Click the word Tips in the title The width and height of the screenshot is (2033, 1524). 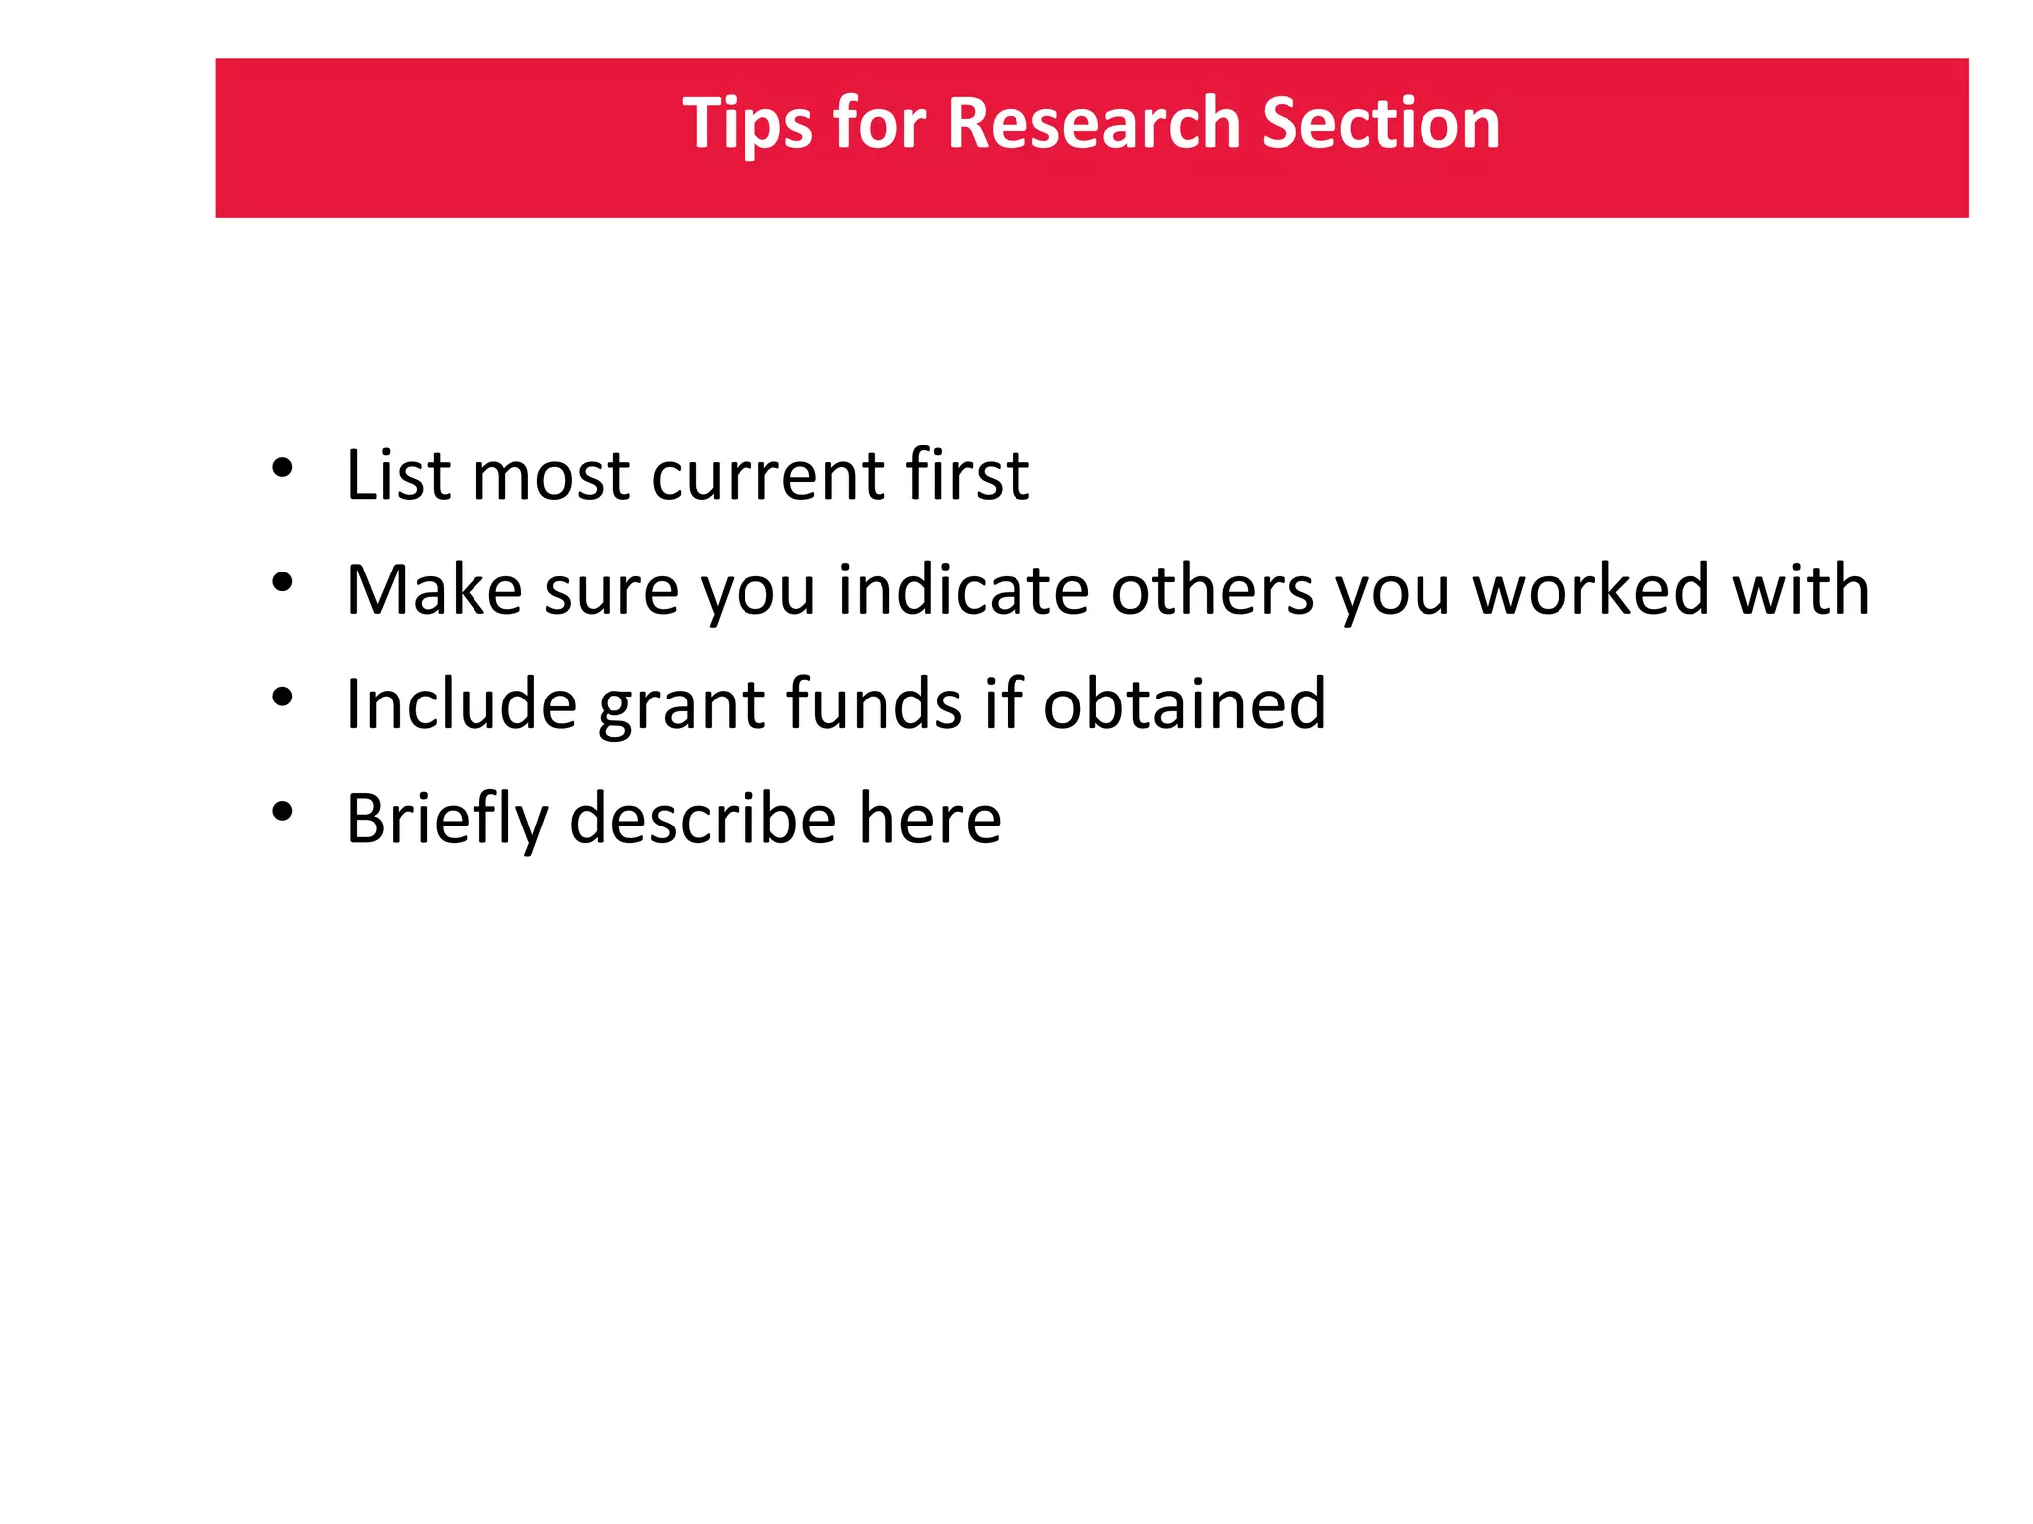(x=746, y=125)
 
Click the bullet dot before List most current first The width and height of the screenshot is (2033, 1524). (x=283, y=468)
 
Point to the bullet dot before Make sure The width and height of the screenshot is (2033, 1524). (x=283, y=583)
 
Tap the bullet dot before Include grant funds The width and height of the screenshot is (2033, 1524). (x=283, y=698)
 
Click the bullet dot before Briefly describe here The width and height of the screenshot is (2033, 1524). (x=283, y=812)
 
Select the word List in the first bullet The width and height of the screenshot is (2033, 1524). (x=398, y=475)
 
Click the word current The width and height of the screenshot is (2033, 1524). (x=767, y=477)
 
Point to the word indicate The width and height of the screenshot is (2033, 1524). (x=963, y=590)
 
